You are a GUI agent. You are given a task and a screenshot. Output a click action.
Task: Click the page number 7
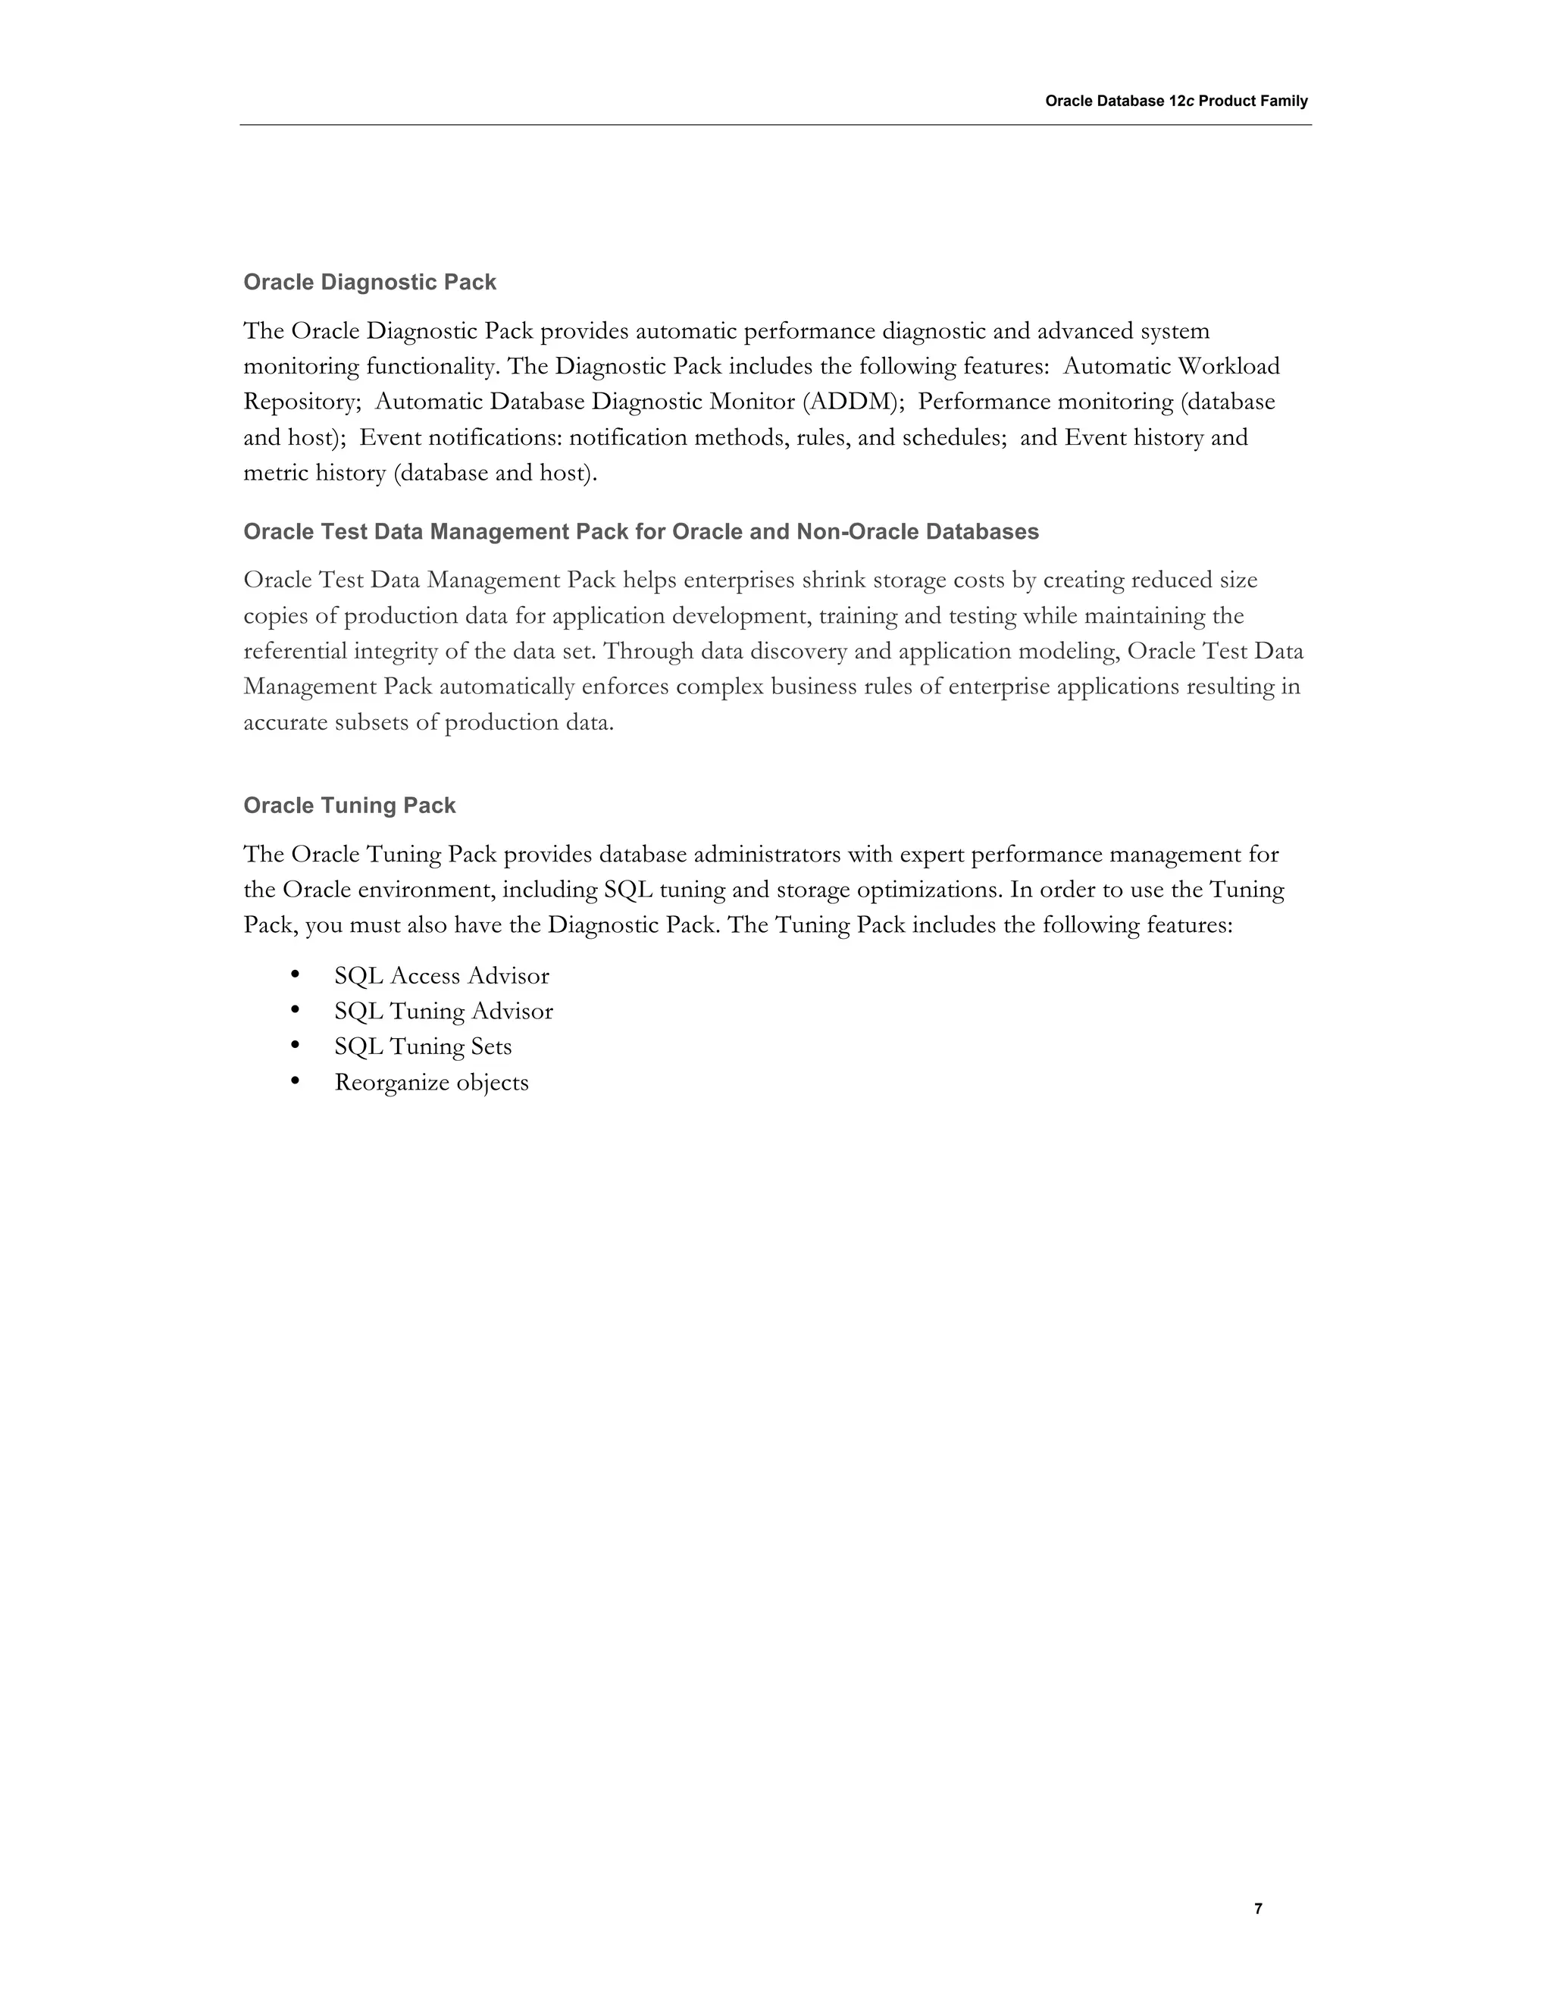pyautogui.click(x=1258, y=1908)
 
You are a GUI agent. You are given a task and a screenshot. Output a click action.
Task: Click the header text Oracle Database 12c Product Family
pyautogui.click(x=1176, y=101)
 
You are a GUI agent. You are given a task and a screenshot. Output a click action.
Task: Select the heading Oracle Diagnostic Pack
pyautogui.click(x=370, y=283)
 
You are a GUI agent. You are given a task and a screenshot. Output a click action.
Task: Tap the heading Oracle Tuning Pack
pyautogui.click(x=349, y=805)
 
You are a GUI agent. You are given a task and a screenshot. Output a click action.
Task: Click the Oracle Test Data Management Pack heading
pyautogui.click(x=641, y=531)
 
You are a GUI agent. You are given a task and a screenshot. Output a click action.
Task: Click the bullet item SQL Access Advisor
pyautogui.click(x=441, y=975)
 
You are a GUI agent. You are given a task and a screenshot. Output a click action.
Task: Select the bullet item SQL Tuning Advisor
pyautogui.click(x=443, y=1012)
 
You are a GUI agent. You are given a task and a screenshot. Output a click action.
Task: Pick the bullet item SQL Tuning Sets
pyautogui.click(x=423, y=1046)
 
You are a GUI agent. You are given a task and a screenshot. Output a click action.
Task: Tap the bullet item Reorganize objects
pyautogui.click(x=431, y=1082)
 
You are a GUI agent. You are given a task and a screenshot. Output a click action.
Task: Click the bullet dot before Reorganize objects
pyautogui.click(x=295, y=1081)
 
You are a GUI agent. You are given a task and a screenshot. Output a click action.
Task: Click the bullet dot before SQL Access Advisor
pyautogui.click(x=295, y=974)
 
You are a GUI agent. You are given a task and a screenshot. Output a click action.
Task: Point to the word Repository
pyautogui.click(x=299, y=402)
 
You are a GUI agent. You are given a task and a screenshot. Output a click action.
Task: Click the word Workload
pyautogui.click(x=1228, y=366)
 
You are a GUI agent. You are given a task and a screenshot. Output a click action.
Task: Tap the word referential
pyautogui.click(x=295, y=651)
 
